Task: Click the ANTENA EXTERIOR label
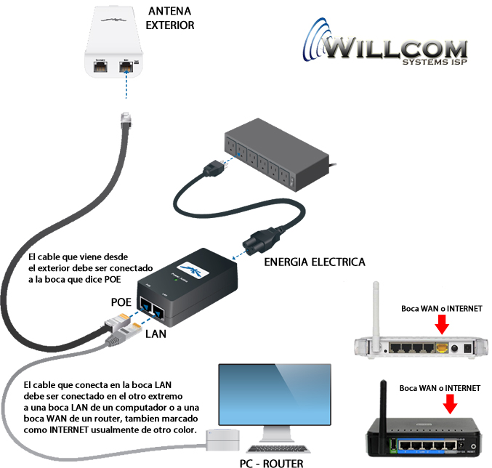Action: [171, 18]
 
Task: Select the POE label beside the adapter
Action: [122, 301]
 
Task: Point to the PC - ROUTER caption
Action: [271, 462]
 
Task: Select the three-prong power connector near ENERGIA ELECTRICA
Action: [256, 240]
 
